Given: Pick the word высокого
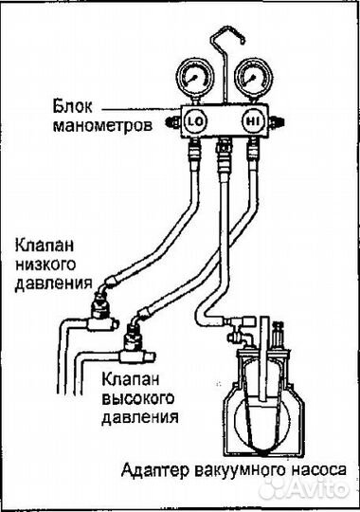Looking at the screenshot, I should pyautogui.click(x=133, y=397).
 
